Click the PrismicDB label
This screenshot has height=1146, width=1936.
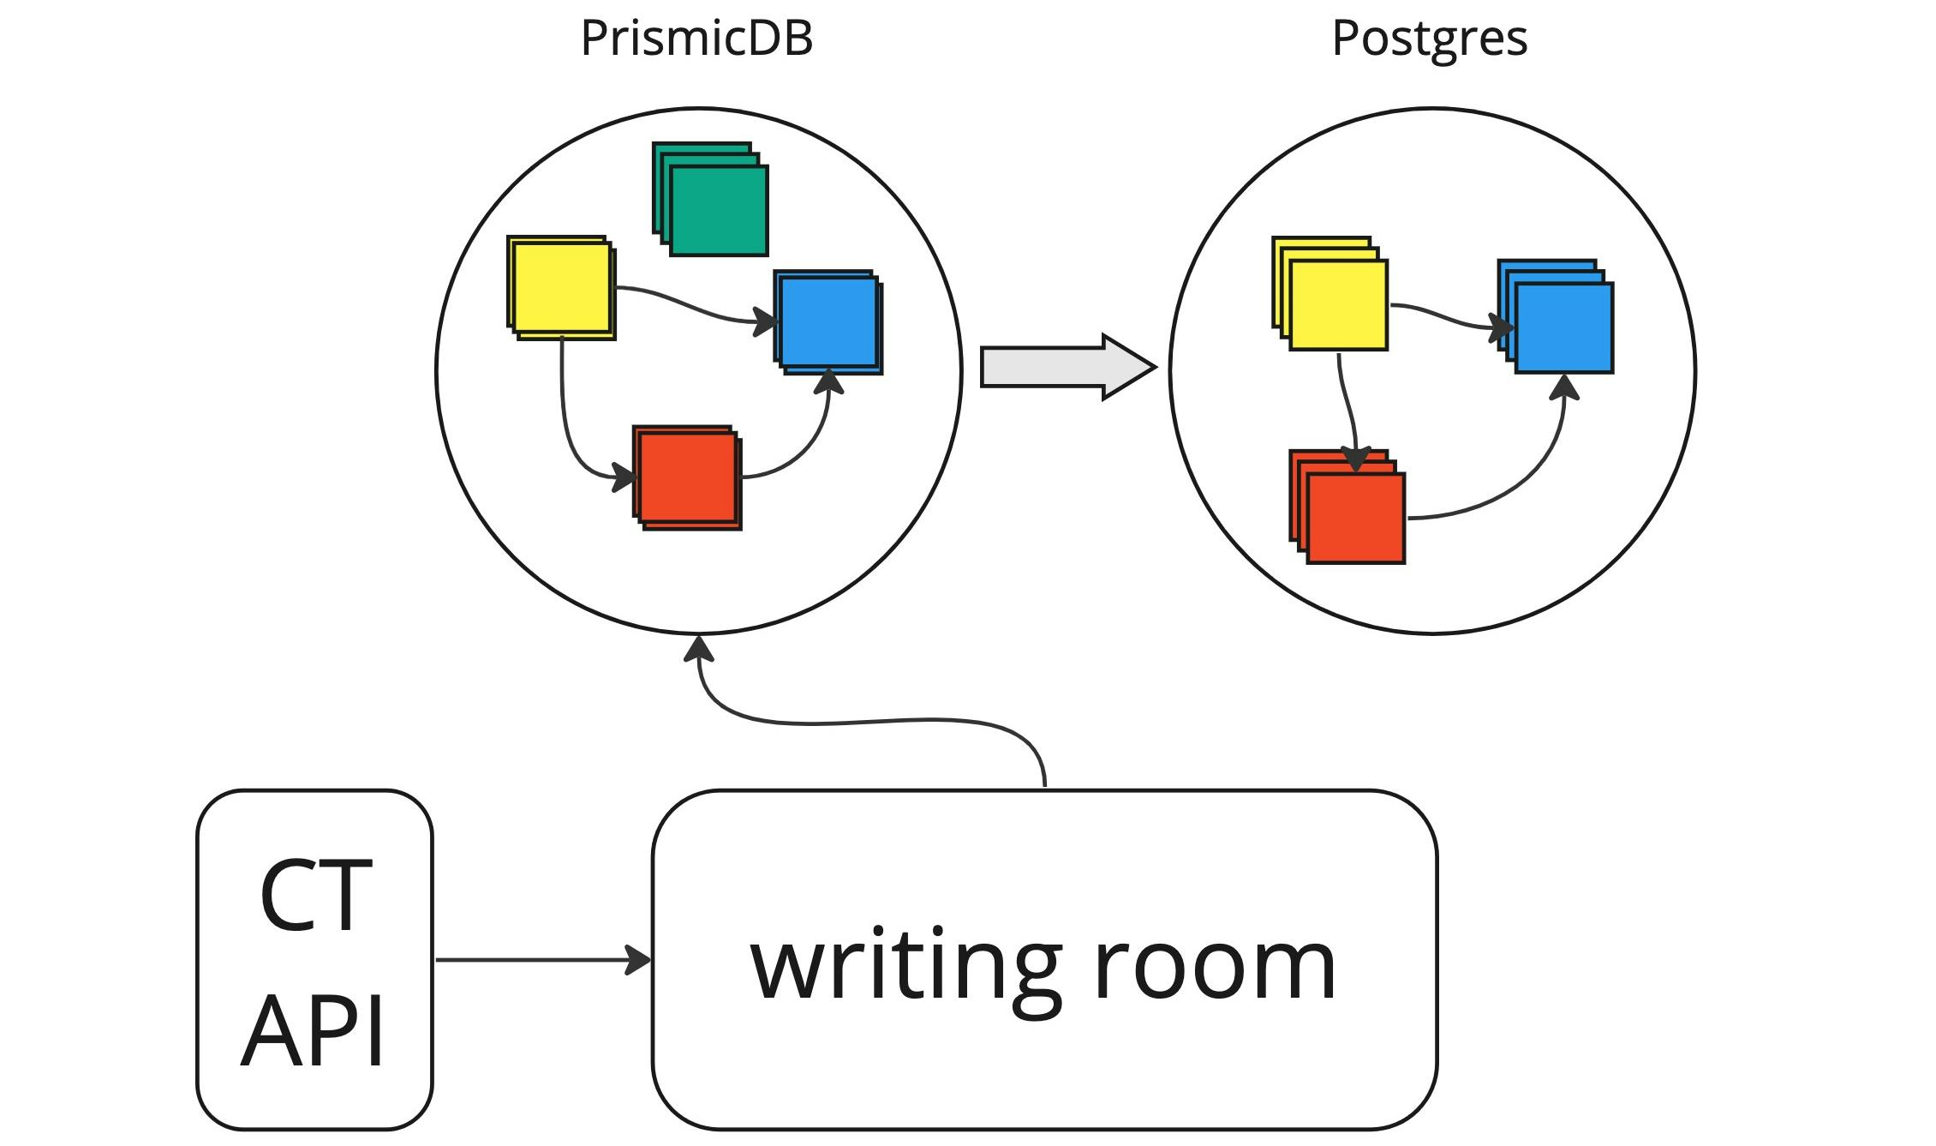[696, 39]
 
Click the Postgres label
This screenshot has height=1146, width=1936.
[1430, 39]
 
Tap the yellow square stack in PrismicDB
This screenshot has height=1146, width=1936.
[561, 288]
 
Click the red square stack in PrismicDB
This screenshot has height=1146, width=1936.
[687, 477]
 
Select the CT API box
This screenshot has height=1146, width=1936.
[314, 960]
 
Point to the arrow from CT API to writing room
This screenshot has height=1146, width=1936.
[540, 960]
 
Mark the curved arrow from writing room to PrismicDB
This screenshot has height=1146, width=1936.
[857, 722]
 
